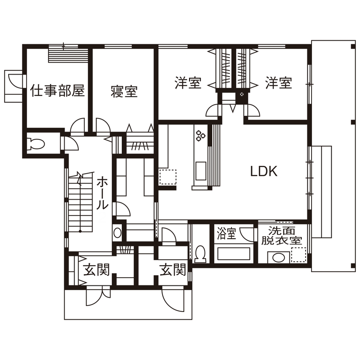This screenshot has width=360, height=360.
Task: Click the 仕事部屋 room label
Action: point(57,90)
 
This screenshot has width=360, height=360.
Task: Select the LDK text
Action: point(264,172)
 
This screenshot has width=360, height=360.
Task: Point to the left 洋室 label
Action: point(188,83)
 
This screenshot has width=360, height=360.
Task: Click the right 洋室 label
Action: point(278,83)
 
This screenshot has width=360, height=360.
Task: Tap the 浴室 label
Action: point(226,234)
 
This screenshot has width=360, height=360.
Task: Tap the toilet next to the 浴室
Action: point(200,253)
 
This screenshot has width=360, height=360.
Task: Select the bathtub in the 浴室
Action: point(234,253)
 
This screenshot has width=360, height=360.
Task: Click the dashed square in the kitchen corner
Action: point(168,177)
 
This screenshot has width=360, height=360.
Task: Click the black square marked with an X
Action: point(242,94)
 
